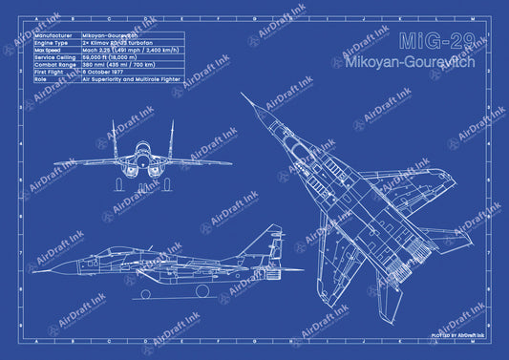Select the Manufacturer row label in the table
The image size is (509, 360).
click(x=54, y=34)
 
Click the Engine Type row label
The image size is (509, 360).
click(x=53, y=43)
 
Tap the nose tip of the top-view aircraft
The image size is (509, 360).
click(x=243, y=94)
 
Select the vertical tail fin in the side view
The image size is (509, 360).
click(x=274, y=239)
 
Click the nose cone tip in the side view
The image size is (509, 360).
click(x=35, y=265)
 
